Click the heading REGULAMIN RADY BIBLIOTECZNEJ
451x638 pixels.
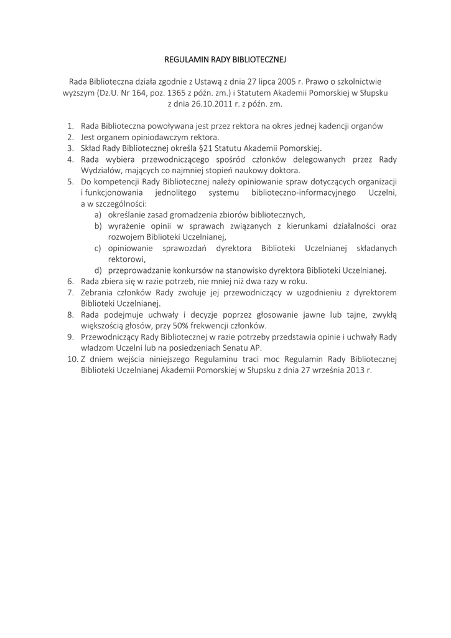coord(225,60)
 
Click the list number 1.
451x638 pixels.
coord(70,126)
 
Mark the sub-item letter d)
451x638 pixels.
coord(98,270)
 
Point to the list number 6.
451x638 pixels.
coord(70,281)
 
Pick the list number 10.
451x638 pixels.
coord(71,359)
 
